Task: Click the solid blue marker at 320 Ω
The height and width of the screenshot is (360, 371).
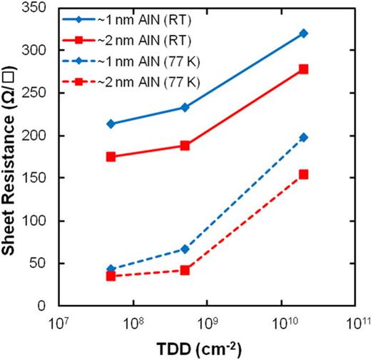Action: click(x=303, y=34)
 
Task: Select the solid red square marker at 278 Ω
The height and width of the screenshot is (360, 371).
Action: click(x=303, y=69)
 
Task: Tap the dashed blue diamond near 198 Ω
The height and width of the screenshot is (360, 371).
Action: click(x=303, y=137)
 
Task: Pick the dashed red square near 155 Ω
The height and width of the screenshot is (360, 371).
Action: click(x=303, y=174)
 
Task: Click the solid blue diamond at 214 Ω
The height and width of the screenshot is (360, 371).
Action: click(x=111, y=124)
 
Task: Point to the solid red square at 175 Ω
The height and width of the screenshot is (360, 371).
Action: click(x=111, y=156)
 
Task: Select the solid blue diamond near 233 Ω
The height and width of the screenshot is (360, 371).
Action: click(x=185, y=107)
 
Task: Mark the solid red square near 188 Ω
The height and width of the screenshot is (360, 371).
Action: click(x=185, y=145)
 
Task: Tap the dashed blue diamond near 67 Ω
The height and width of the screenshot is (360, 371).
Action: click(x=185, y=249)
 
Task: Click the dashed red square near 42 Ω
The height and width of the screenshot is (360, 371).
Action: click(x=185, y=270)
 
